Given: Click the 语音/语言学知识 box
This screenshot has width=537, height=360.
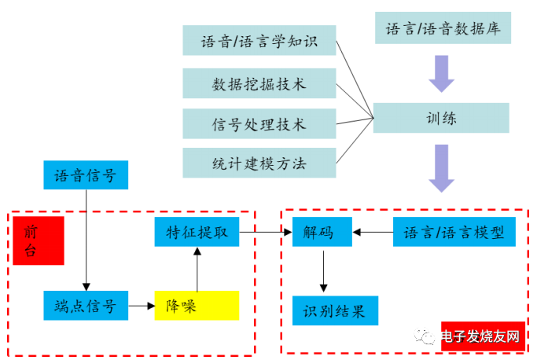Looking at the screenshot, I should [x=259, y=41].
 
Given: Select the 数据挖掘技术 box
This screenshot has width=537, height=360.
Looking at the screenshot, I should [x=259, y=83].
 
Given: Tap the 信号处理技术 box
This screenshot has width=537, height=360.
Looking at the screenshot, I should [x=259, y=123].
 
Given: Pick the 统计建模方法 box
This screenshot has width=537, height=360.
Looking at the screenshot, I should [x=259, y=163].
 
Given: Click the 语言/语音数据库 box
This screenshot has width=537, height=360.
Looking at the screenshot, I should [x=443, y=29].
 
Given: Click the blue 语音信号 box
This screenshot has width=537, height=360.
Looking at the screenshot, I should [x=85, y=175].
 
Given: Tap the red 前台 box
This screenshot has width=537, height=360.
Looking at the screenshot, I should [x=38, y=240].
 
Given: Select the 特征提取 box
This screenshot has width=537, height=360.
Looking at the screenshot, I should [x=197, y=232].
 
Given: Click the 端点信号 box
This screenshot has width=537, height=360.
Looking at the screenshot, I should [x=85, y=305].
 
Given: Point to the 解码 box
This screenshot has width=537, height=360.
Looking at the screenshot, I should [x=322, y=232].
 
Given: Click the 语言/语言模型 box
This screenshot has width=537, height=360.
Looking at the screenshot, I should [x=448, y=232].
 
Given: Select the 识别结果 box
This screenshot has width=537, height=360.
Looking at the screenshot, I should [x=334, y=310].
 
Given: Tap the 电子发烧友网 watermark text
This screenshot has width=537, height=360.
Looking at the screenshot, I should [x=480, y=336].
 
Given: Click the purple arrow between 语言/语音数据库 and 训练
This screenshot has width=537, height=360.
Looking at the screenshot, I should [x=441, y=75].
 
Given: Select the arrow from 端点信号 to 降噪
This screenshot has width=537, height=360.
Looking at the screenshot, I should [x=141, y=305].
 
